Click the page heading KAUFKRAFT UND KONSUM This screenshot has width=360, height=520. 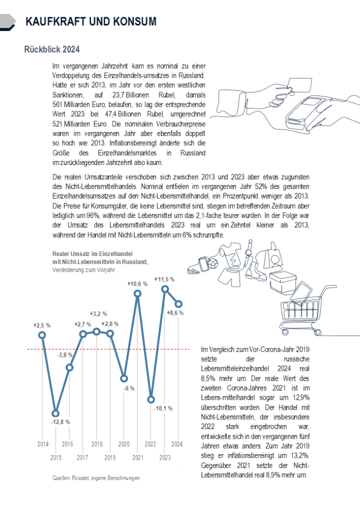point(90,21)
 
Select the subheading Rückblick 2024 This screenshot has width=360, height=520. point(51,50)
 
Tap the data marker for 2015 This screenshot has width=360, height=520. point(56,413)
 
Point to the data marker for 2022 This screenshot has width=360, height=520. point(151,400)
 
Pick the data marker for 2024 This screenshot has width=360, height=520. point(178,304)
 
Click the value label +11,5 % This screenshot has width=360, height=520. point(165,279)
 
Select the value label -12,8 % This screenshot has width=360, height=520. point(60,422)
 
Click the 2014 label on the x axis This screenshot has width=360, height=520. point(43,444)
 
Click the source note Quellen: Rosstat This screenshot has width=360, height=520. point(96,478)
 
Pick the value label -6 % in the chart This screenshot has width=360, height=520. point(128,388)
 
